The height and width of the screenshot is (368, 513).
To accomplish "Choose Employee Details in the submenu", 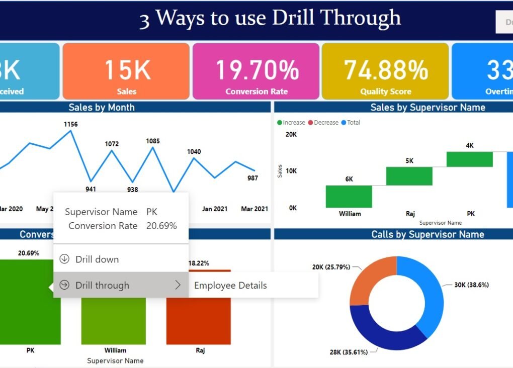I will [x=230, y=286].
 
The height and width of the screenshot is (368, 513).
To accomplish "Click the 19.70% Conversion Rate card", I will [x=256, y=71].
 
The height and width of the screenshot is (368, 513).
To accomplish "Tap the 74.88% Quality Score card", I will [x=385, y=71].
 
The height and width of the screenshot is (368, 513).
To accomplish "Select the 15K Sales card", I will [x=126, y=71].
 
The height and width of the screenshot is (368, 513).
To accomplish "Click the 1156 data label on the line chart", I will [x=70, y=124].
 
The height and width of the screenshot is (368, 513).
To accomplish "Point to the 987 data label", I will [x=252, y=178].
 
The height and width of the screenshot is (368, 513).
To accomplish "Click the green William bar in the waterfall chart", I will [x=349, y=196].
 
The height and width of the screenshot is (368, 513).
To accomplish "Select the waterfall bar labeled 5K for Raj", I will [x=409, y=176].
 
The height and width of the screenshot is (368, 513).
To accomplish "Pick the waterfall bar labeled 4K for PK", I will [x=469, y=159].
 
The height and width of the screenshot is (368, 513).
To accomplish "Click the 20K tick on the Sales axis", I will [x=291, y=134].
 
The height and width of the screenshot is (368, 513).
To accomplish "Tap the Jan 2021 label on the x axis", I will [x=215, y=209].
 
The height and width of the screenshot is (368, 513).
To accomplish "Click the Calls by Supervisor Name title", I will [x=427, y=234].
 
